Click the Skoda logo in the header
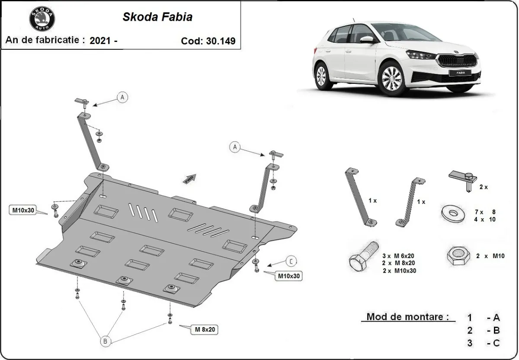[42, 19]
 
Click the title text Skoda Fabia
[157, 17]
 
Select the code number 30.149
[221, 41]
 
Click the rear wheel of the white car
[321, 76]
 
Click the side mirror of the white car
[366, 40]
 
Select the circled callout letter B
[105, 341]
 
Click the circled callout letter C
[291, 261]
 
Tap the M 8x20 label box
[204, 330]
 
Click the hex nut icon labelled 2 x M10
[458, 256]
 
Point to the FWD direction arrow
[189, 179]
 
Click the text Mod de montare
[405, 317]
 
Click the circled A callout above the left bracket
[122, 97]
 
